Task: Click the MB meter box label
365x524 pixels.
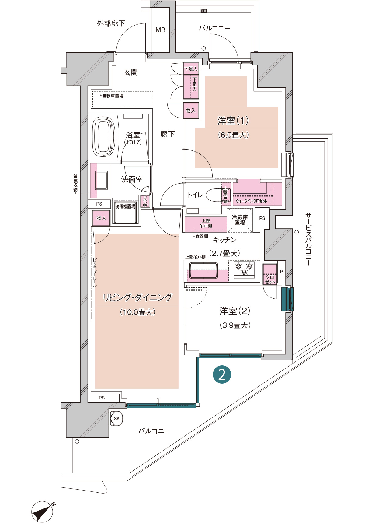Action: (x=160, y=30)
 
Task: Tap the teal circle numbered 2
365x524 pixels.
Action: (x=222, y=375)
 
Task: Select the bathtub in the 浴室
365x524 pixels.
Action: (x=104, y=136)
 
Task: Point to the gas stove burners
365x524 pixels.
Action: (x=244, y=269)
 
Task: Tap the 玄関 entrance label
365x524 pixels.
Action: (x=130, y=72)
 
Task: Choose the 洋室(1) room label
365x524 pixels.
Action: (x=233, y=121)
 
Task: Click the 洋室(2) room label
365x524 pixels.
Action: (x=235, y=311)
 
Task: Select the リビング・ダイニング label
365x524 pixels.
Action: (x=137, y=297)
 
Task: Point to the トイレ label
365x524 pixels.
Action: (x=195, y=195)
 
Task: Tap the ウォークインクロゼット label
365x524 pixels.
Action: (x=252, y=201)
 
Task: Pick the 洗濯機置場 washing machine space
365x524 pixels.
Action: (x=125, y=213)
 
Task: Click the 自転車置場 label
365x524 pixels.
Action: (x=113, y=96)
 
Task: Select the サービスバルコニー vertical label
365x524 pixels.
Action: (x=308, y=239)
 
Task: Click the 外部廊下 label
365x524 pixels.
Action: (x=111, y=23)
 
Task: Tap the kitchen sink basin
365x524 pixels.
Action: (x=203, y=270)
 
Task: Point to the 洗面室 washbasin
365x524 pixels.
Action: (x=101, y=180)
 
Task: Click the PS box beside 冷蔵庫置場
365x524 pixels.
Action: (x=262, y=219)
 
